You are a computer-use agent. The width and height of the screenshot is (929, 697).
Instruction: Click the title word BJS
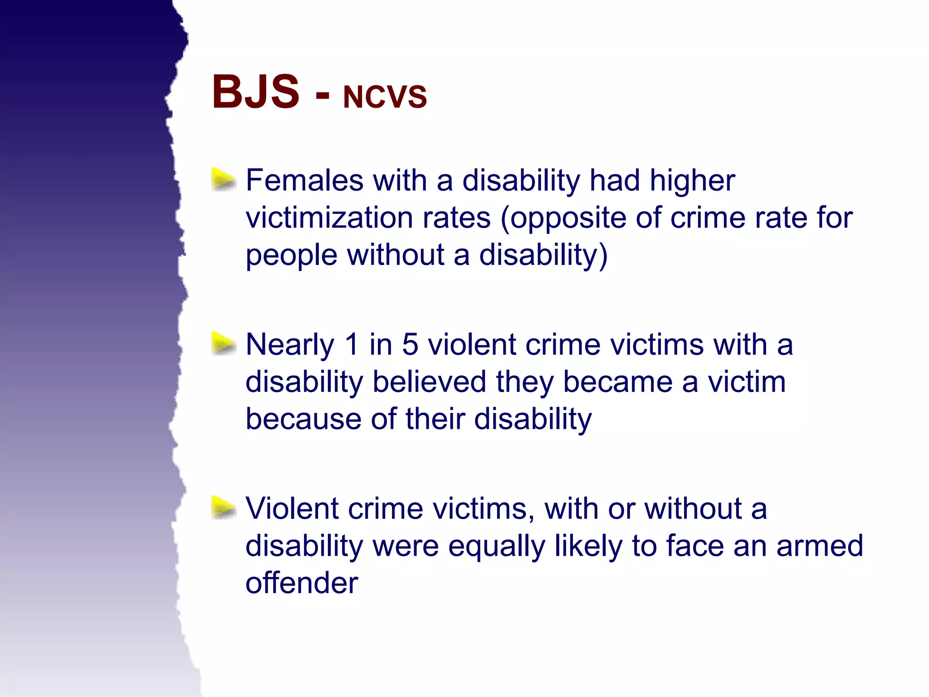(255, 92)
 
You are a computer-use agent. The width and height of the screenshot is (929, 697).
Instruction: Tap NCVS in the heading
(385, 97)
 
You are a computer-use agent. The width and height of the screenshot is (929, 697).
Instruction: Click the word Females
(304, 180)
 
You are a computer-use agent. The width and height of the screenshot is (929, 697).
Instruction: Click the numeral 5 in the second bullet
(410, 344)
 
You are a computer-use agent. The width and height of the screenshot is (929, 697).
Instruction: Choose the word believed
(429, 382)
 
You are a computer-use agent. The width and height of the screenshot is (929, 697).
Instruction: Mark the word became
(617, 382)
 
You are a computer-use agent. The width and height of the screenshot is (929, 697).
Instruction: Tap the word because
(303, 419)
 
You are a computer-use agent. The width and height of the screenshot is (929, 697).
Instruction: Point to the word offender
(302, 583)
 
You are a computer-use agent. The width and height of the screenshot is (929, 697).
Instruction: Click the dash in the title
(323, 96)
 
